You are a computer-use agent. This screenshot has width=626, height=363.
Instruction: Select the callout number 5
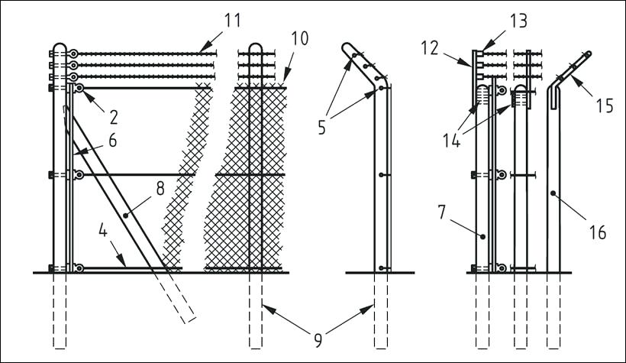click(321, 126)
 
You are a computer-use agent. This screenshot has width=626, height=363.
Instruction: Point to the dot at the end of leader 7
click(482, 237)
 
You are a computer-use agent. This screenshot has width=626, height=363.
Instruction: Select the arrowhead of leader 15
click(568, 76)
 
